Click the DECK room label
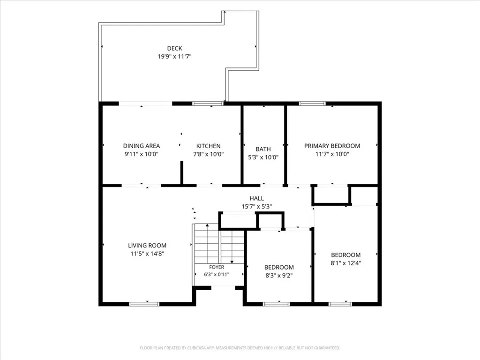174,48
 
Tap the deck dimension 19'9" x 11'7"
174,57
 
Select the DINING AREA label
142,146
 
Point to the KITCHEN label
208,146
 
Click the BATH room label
263,149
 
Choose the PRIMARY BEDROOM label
332,146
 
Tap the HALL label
256,198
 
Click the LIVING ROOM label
147,246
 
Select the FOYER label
217,267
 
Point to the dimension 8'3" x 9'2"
279,276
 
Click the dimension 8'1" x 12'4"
346,263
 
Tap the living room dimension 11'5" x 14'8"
147,254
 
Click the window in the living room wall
144,304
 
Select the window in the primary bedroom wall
312,104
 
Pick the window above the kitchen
208,104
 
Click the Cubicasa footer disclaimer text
240,348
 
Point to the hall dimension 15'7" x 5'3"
256,207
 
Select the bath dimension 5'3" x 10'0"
263,157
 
